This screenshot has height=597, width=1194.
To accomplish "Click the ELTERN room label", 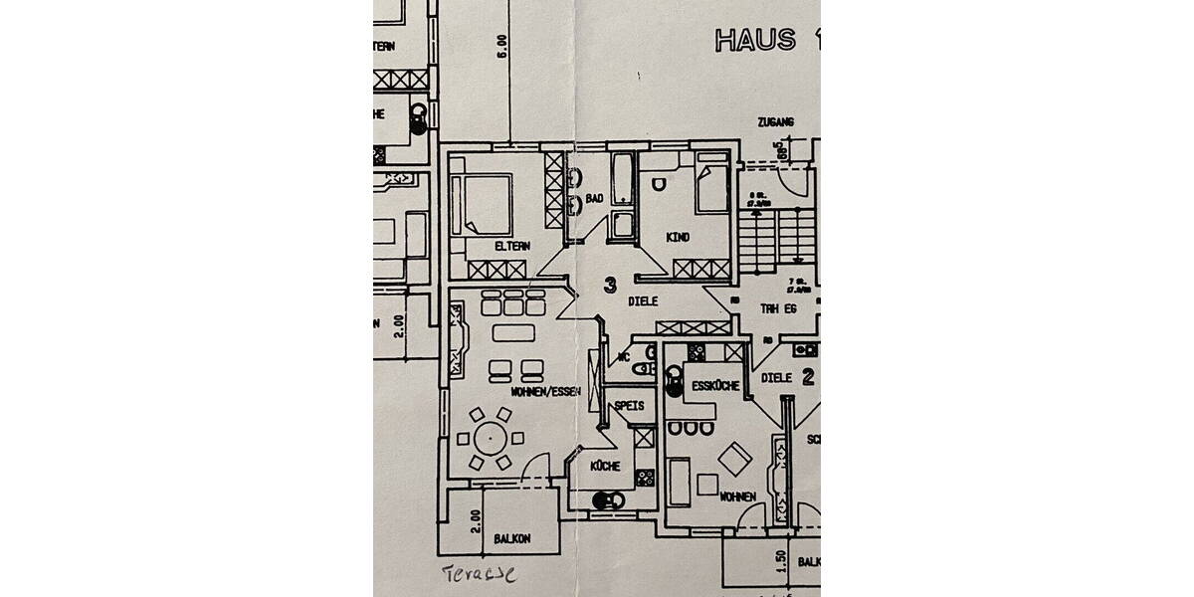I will pos(511,247).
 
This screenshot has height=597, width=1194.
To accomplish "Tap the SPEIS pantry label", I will pos(629,405).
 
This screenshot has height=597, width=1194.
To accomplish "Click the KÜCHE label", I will pos(605,466).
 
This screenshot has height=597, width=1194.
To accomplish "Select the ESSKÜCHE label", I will pos(714,387).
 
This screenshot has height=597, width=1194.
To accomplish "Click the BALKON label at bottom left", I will pos(511,538).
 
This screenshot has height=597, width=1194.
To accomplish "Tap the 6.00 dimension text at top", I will pos(502,46).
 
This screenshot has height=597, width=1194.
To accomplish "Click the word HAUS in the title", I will pos(754,40).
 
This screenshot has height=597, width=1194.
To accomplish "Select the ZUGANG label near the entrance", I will pos(774,122).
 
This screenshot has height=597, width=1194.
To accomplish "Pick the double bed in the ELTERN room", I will pos(482,205).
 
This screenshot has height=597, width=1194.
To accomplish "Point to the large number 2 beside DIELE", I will pos(808,377).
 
